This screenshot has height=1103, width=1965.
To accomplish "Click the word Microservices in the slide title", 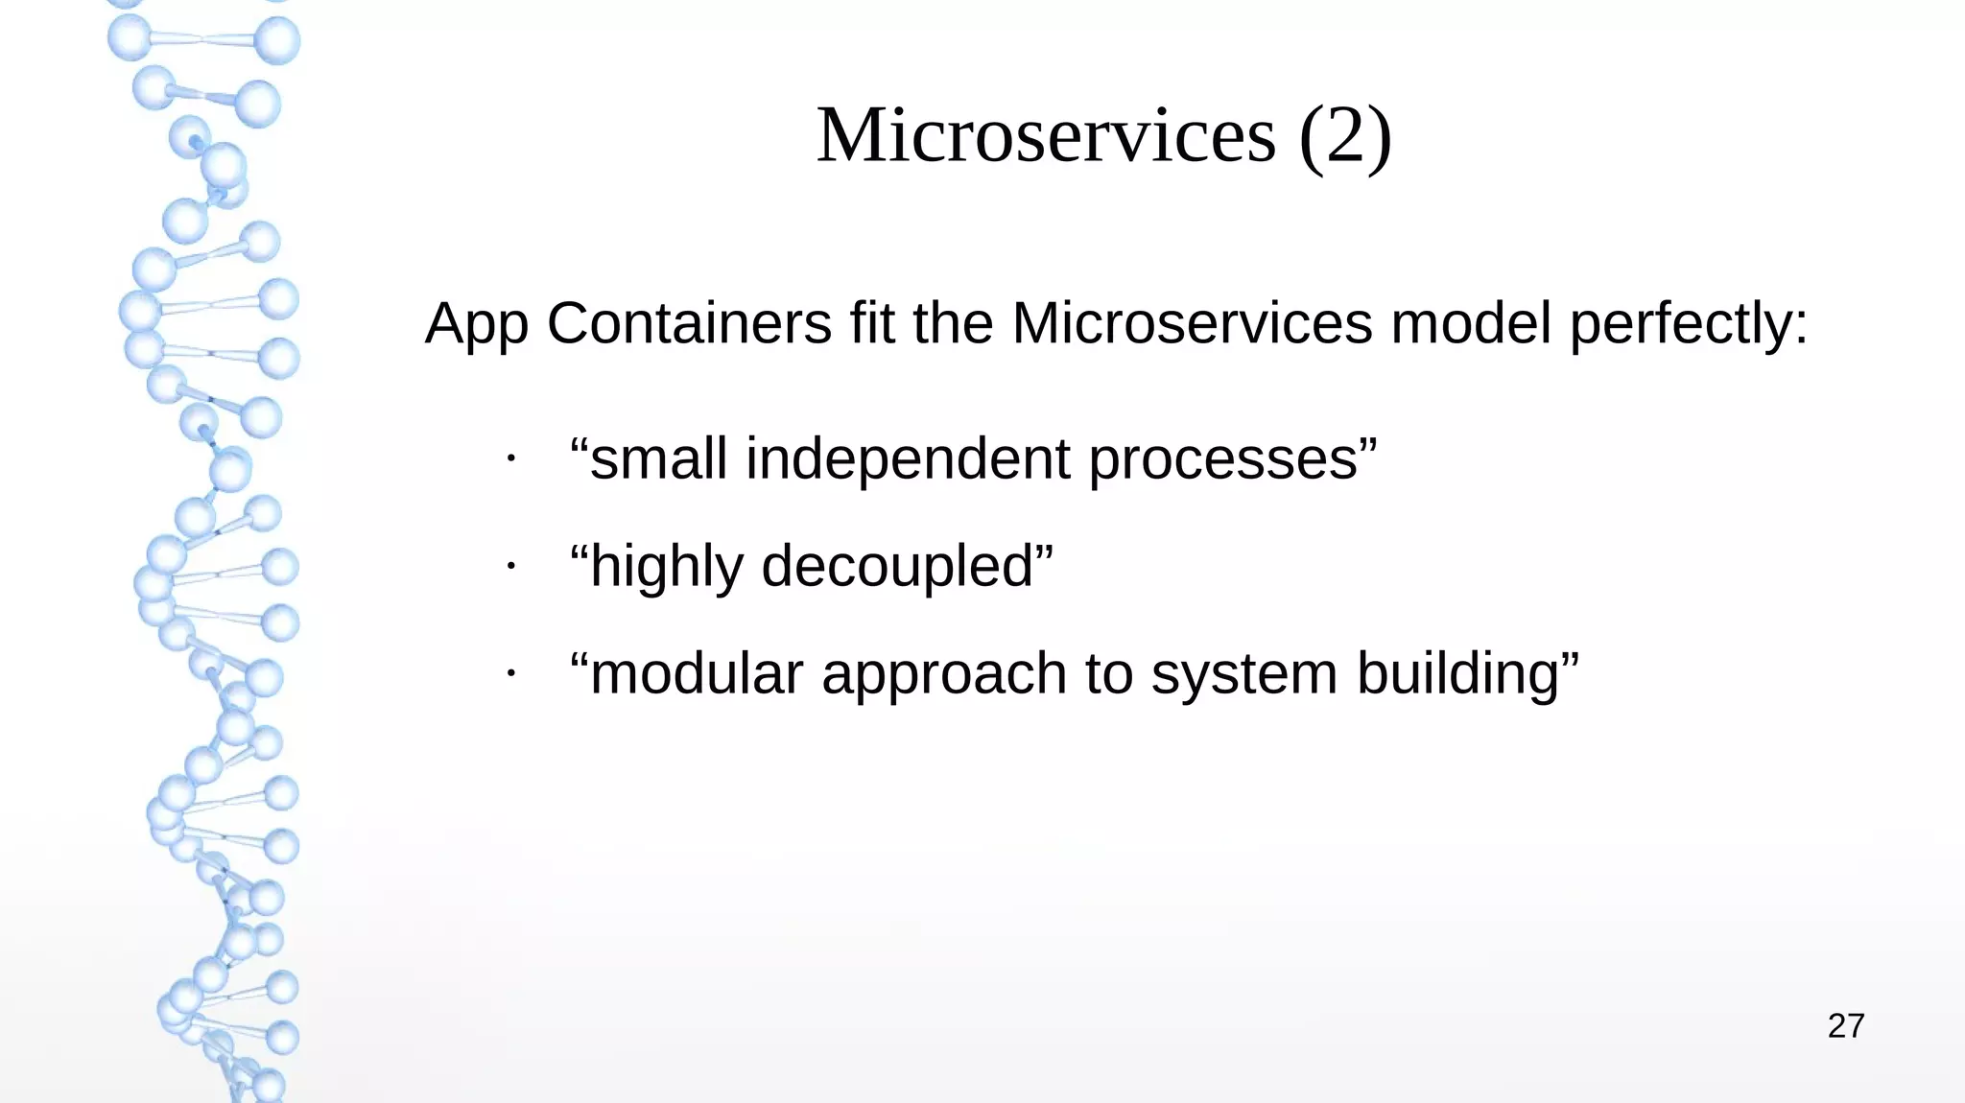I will point(1046,136).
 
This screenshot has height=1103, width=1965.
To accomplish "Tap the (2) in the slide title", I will point(1344,136).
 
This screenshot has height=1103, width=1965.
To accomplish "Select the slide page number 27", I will point(1845,1026).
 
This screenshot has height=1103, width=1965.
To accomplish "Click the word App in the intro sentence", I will point(476,324).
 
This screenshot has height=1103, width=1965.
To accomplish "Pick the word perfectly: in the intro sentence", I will point(1689,324).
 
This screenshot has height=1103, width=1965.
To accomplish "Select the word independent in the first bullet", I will point(908,459).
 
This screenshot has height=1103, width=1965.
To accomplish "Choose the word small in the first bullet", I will point(658,458).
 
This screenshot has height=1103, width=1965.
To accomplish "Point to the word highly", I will point(667,567).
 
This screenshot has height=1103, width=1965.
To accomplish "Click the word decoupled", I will point(898,567).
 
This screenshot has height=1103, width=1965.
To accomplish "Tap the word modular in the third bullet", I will point(697,673).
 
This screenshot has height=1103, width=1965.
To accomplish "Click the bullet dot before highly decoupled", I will point(512,567).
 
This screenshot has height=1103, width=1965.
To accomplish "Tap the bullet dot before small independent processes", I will point(512,459).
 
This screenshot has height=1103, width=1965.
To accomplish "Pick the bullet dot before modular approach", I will point(512,674).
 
